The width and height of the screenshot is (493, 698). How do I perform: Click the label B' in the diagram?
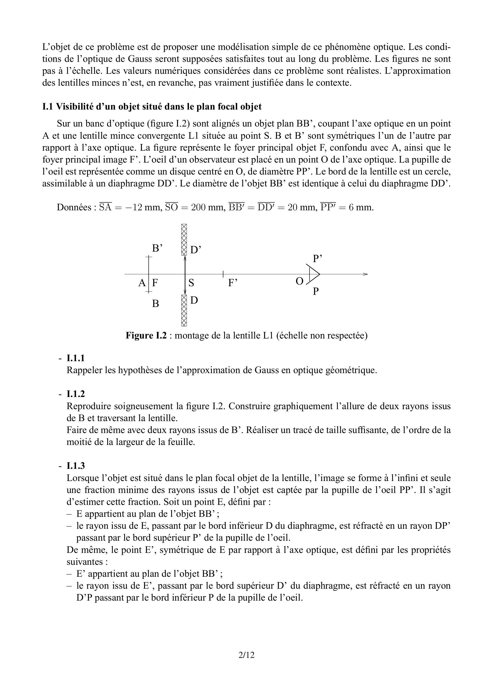coord(157,248)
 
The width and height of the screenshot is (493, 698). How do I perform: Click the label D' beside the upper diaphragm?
coord(196,250)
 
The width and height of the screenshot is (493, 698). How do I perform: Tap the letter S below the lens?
coord(191,283)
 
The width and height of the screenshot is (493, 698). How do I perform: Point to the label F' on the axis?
coord(233,283)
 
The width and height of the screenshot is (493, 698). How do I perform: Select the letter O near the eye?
coord(299,281)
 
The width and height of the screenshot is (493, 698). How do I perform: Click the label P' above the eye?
coord(318,259)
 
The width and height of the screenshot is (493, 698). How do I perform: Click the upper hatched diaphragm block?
coord(184,240)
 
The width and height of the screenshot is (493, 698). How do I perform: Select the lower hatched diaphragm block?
coord(184,310)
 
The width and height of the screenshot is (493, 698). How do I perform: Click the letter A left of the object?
coord(142,283)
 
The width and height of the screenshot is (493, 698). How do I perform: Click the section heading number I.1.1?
coord(76,358)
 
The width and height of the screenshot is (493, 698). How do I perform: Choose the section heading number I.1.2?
coord(76,394)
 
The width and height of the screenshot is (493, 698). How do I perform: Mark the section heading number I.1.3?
coord(76,466)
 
